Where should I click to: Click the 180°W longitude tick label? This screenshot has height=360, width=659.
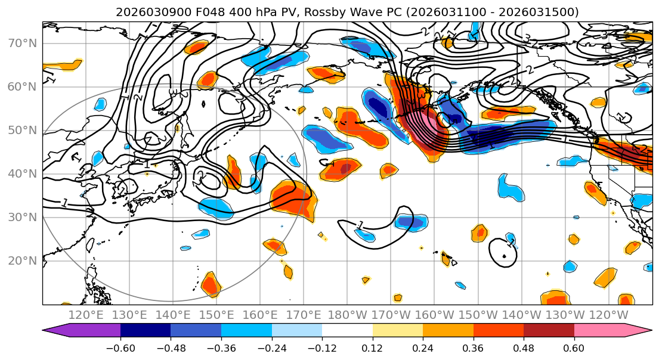(x=348, y=315)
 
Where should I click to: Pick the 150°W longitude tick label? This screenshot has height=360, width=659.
(x=478, y=315)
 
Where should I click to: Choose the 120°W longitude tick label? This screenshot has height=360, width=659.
(x=608, y=315)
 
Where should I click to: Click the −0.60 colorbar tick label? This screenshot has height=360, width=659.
(x=120, y=349)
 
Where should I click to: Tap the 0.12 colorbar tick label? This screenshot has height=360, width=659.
(x=373, y=349)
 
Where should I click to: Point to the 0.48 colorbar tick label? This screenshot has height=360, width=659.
(x=524, y=349)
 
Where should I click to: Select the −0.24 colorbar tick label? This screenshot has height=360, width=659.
(x=271, y=349)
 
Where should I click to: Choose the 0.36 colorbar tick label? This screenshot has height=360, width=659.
(x=474, y=349)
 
